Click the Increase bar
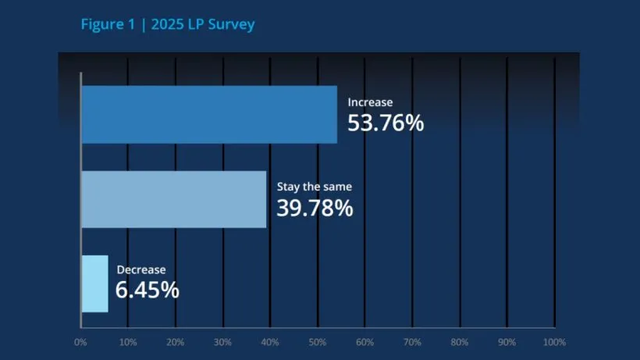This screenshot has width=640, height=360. (209, 115)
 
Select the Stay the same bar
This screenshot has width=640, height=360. (173, 199)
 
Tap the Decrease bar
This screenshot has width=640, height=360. (94, 283)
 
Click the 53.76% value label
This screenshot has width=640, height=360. (385, 123)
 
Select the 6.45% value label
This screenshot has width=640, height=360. (148, 290)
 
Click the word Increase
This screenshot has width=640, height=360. (370, 102)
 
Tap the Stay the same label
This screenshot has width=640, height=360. (315, 187)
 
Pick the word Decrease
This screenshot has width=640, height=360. (141, 270)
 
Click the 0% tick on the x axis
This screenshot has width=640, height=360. (80, 342)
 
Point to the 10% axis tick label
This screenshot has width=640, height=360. (128, 342)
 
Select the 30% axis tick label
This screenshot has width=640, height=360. (222, 342)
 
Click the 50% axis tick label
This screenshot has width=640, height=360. (318, 342)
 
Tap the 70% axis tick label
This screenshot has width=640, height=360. (412, 342)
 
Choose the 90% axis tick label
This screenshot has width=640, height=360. (507, 342)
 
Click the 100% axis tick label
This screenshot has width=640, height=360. (553, 342)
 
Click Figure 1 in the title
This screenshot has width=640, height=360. (105, 24)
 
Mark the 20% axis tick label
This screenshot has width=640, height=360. (176, 342)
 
